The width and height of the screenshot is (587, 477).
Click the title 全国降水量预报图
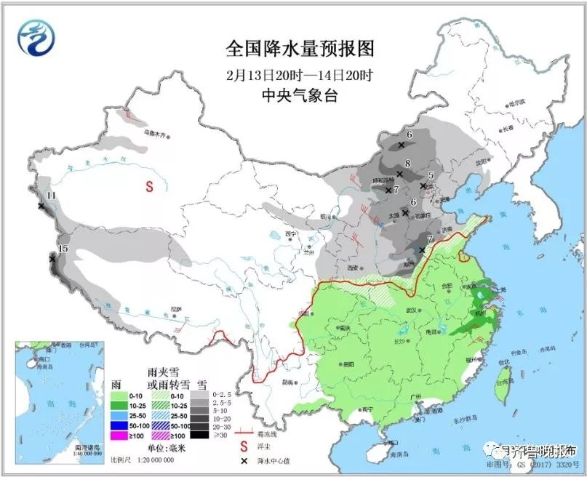pos(300,49)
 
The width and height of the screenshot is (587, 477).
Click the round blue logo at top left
pos(37,37)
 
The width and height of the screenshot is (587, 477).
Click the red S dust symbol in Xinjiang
pos(149,185)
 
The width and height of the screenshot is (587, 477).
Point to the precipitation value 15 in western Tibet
pos(63,249)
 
